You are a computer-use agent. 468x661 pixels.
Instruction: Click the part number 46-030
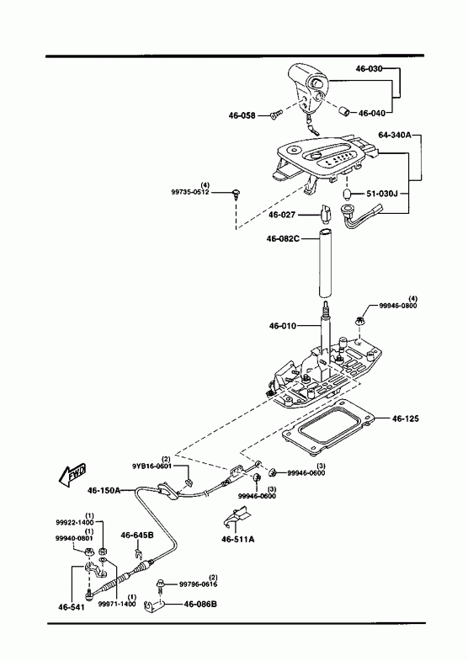[370, 69]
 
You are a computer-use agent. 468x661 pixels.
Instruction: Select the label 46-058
[242, 115]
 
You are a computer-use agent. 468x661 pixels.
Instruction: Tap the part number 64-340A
[394, 135]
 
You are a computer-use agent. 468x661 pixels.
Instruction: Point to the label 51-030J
[381, 194]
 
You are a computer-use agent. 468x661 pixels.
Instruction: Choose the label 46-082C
[283, 238]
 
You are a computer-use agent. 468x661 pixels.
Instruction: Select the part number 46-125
[406, 418]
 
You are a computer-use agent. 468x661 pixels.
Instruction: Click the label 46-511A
[238, 539]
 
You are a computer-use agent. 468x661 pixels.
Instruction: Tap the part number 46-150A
[104, 490]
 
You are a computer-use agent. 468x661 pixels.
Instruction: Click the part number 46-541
[72, 607]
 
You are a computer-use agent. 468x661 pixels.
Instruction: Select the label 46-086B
[200, 604]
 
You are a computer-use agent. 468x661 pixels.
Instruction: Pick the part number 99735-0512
[190, 192]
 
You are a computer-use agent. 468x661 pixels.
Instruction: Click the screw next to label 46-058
[275, 115]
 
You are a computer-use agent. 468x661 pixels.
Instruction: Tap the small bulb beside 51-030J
[348, 195]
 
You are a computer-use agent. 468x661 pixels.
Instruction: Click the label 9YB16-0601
[152, 466]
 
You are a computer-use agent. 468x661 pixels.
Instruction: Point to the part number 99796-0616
[199, 584]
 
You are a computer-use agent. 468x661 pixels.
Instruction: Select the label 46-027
[282, 215]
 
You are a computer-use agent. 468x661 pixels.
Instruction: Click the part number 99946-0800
[397, 306]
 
